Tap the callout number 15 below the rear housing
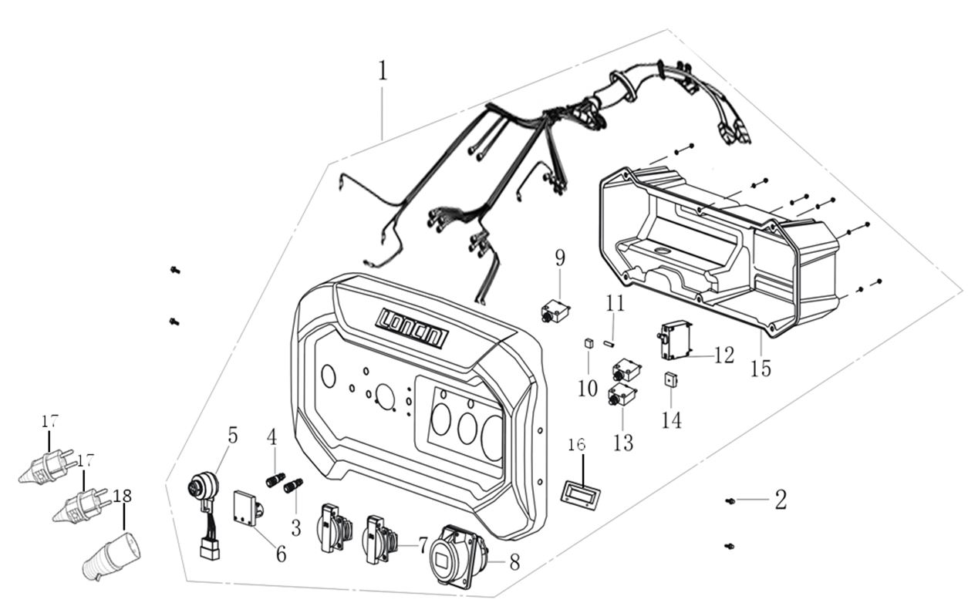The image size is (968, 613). pos(761,369)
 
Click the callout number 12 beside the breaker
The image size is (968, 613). pos(724,355)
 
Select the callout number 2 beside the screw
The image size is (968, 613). pos(781,500)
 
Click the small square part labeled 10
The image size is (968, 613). pos(588,343)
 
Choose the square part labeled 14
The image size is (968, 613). pos(670,380)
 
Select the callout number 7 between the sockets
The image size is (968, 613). pos(422,544)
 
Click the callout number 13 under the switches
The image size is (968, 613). pos(623,442)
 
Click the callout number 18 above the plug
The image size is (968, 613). pos(123,495)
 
